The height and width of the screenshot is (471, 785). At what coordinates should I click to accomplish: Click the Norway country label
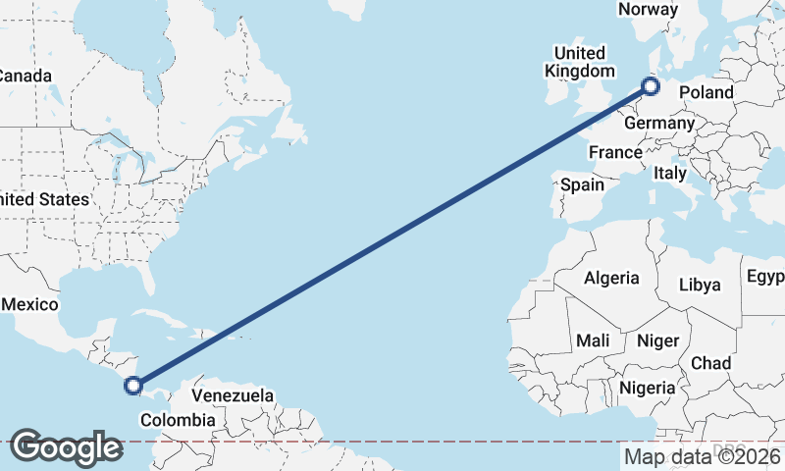pos(648,10)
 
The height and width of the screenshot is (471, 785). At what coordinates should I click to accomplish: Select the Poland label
pos(706,92)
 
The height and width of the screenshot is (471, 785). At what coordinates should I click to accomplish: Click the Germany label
pos(658,124)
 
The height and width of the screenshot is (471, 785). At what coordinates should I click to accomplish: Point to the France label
pos(615,152)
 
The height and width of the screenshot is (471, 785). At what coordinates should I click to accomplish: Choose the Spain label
pos(582,183)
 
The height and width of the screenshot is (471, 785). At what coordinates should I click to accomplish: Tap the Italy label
pos(669,173)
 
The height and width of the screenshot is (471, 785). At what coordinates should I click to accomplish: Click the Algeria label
pos(611,278)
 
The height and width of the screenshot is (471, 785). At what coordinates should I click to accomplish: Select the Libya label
pos(700,285)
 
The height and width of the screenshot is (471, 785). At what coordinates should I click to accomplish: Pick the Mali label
pos(593,340)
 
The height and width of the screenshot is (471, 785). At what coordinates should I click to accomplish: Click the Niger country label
pos(658,340)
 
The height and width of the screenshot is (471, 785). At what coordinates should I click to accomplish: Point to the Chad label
pos(710,363)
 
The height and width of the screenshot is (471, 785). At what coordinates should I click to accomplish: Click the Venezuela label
pos(233,395)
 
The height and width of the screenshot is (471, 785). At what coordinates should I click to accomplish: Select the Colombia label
pos(178,420)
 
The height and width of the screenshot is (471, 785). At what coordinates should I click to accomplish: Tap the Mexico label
pos(29,305)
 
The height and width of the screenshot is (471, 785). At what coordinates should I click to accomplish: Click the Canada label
pos(24,76)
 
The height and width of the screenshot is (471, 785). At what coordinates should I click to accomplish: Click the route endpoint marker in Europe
pos(650,87)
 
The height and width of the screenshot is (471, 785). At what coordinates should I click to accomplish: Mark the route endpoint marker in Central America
pos(134,387)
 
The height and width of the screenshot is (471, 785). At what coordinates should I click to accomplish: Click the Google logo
pos(66,447)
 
